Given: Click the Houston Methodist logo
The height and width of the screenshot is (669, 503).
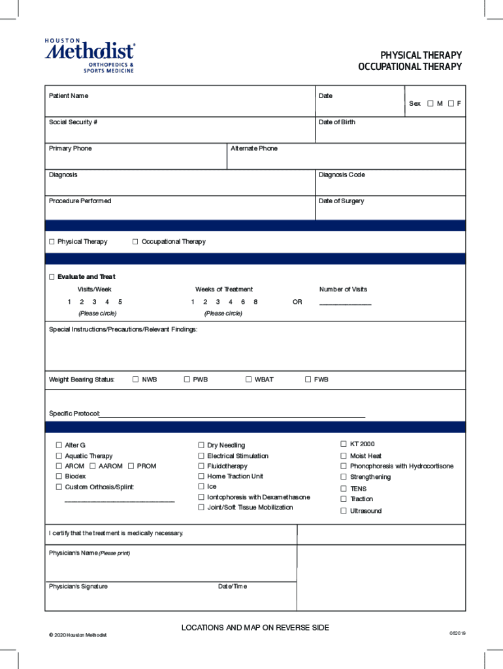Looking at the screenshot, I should coord(89,56).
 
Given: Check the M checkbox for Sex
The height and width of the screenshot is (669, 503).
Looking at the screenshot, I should coord(430,103).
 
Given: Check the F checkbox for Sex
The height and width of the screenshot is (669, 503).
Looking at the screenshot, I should coord(451,103).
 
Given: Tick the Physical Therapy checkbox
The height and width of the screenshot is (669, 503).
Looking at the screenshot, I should coord(52,242).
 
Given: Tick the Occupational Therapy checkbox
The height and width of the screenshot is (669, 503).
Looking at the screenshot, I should coord(135,242).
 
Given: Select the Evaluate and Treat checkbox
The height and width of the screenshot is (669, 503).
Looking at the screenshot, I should coord(52,277).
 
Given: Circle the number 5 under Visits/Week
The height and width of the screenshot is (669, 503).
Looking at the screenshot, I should coord(120,302).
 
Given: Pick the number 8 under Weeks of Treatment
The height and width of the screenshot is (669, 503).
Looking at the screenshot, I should coord(255,302).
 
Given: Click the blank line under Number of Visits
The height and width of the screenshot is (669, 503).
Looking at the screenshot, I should coord(345,303).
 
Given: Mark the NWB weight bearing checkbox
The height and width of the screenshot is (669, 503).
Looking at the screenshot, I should coord(135,380).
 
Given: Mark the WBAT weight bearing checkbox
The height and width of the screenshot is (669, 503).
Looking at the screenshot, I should coord(248,380).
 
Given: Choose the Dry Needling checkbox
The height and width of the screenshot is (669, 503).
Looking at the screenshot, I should coord(201,446).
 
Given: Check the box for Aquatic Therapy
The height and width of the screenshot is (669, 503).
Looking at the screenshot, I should coord(59,456).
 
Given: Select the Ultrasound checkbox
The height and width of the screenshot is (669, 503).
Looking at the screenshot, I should coord(343,511).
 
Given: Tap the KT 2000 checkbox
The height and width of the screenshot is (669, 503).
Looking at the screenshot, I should coord(343,444).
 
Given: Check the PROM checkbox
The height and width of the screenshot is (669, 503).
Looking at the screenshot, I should coord(131,466).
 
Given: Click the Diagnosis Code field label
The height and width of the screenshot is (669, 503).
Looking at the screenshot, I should coord(342,175).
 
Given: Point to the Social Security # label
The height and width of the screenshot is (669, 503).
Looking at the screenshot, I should coord(73,122).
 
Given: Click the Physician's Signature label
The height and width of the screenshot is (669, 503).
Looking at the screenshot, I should coord(78,587).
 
